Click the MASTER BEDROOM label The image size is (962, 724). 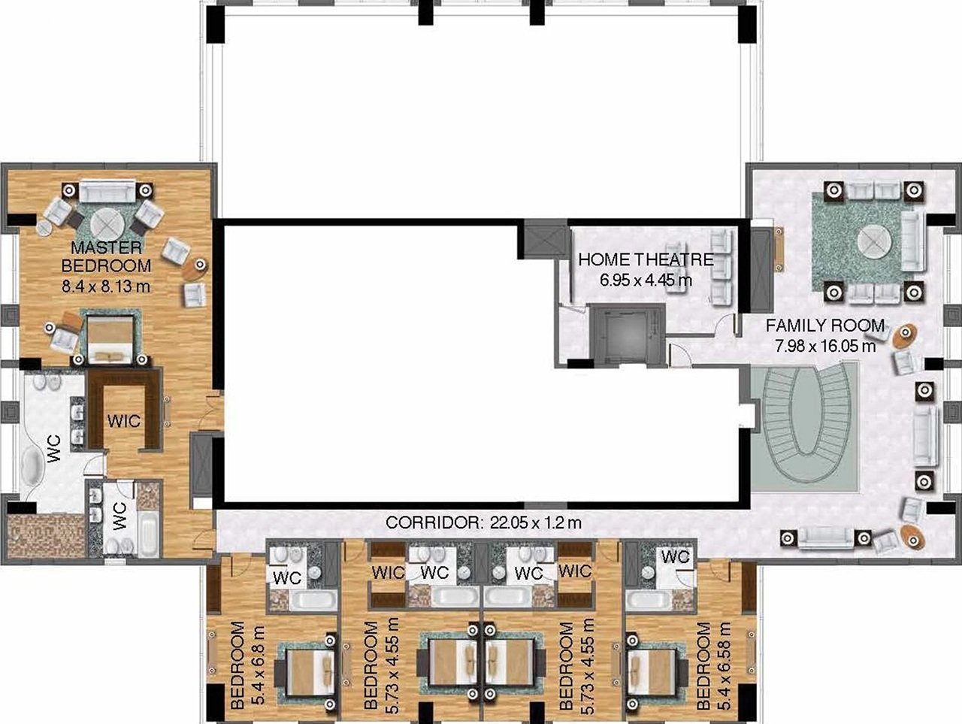pos(106,256)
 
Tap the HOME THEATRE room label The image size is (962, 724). pos(646,260)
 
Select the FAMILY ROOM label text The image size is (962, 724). pos(825,326)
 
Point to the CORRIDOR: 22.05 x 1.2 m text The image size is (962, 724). pos(483,523)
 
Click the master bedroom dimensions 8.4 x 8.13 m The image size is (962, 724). pos(106,286)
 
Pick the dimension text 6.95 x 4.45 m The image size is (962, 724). pos(646,280)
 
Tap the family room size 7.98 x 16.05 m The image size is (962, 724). pos(825,347)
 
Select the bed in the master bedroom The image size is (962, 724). pos(110,338)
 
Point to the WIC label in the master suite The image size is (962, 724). pos(124,422)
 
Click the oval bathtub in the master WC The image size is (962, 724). pos(31,465)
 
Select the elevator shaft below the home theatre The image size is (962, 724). pos(626,336)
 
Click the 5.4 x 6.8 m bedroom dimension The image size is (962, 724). pos(259,665)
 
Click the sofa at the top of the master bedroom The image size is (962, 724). pos(107,191)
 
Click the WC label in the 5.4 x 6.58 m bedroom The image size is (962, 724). pos(676,557)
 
